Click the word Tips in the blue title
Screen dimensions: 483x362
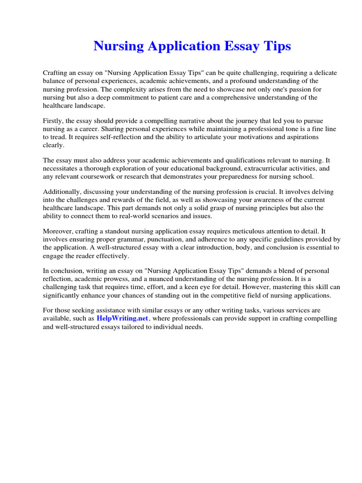(277, 46)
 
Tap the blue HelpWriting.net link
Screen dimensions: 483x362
(123, 318)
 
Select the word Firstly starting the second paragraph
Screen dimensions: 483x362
(54, 121)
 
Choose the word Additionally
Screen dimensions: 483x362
(63, 192)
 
